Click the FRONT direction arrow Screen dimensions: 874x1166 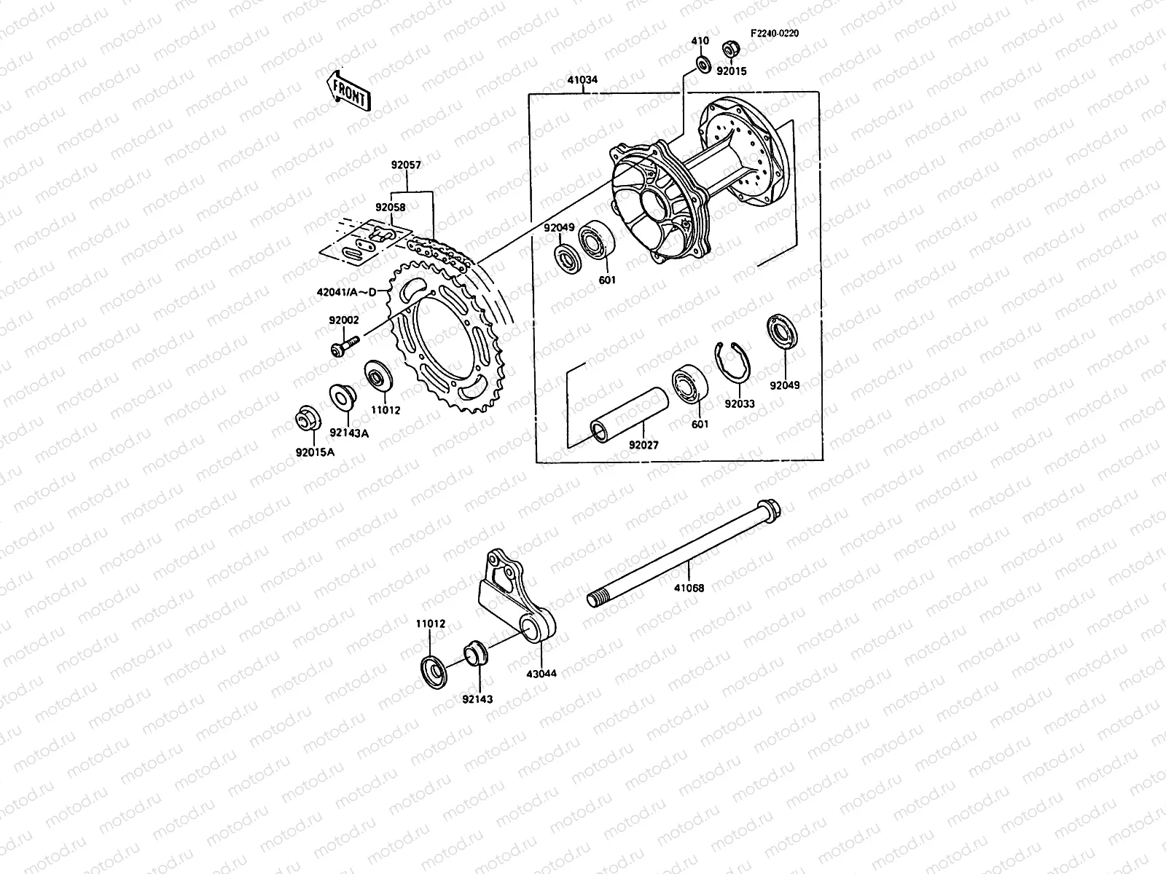pos(348,90)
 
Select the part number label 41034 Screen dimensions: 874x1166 pos(582,80)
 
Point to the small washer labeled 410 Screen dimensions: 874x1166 pos(703,64)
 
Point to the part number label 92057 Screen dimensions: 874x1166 pos(406,165)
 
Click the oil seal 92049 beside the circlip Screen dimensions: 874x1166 pos(783,333)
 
